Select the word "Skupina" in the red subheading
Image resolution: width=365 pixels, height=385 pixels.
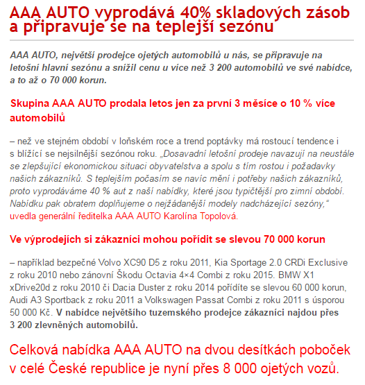coord(31,103)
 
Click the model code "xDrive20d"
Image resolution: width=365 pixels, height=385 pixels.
coord(33,288)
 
